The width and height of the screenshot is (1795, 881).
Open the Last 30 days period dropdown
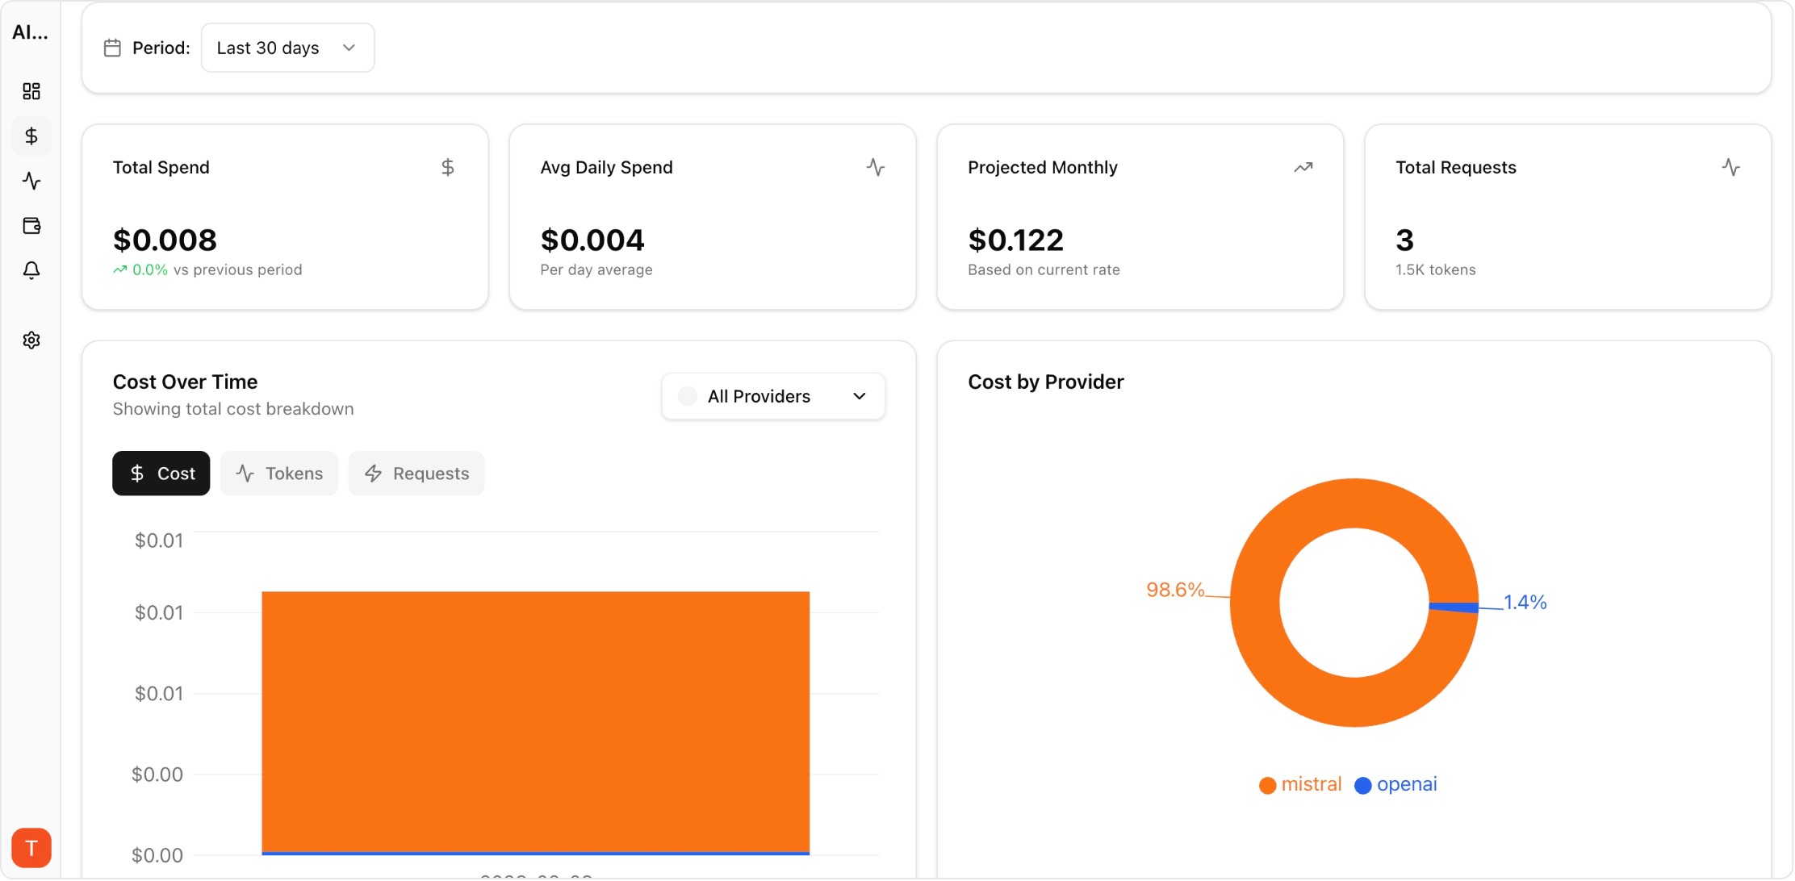[x=287, y=48]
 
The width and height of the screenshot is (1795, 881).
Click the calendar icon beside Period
[x=112, y=48]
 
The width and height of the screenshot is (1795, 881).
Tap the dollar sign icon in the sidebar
[x=31, y=136]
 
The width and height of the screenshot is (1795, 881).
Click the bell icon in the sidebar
[x=31, y=270]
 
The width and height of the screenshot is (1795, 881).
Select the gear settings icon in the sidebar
[x=31, y=340]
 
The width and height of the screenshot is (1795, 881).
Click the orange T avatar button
[x=31, y=848]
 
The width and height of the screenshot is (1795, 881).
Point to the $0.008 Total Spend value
[x=165, y=240]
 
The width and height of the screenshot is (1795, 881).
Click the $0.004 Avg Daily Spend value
[x=592, y=240]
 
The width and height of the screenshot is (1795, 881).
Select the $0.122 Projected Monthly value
[x=1015, y=240]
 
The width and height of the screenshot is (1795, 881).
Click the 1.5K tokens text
[x=1435, y=270]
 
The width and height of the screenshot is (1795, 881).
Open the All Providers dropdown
[x=772, y=396]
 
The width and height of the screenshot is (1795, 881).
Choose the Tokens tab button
[x=279, y=474]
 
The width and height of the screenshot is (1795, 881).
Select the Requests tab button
[x=416, y=474]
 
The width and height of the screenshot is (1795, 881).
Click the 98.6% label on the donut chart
[x=1174, y=590]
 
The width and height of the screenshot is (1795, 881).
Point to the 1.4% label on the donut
[x=1525, y=602]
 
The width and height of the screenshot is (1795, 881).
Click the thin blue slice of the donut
[x=1454, y=608]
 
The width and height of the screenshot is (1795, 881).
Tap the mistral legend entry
[x=1300, y=784]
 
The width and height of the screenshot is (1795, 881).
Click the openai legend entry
[x=1396, y=784]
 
